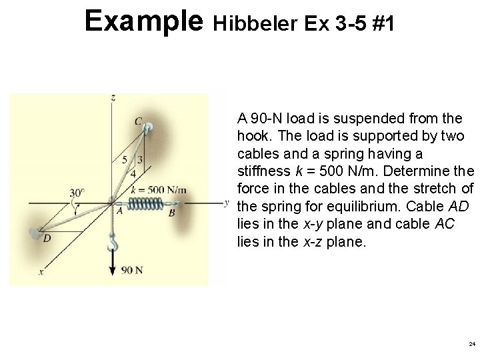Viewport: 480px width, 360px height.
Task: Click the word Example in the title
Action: [x=143, y=21]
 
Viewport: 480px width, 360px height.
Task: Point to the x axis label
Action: [x=41, y=273]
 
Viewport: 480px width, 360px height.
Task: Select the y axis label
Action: [x=227, y=202]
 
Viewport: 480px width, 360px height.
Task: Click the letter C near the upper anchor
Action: [x=138, y=121]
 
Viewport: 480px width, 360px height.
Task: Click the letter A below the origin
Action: [x=120, y=211]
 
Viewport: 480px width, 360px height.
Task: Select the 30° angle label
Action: [x=77, y=193]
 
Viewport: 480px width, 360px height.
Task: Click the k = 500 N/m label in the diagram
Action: [x=158, y=189]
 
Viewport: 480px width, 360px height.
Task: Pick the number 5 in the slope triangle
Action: [x=125, y=160]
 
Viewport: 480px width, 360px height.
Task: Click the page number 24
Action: [x=472, y=345]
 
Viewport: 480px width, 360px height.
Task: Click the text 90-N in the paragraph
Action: [x=263, y=119]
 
